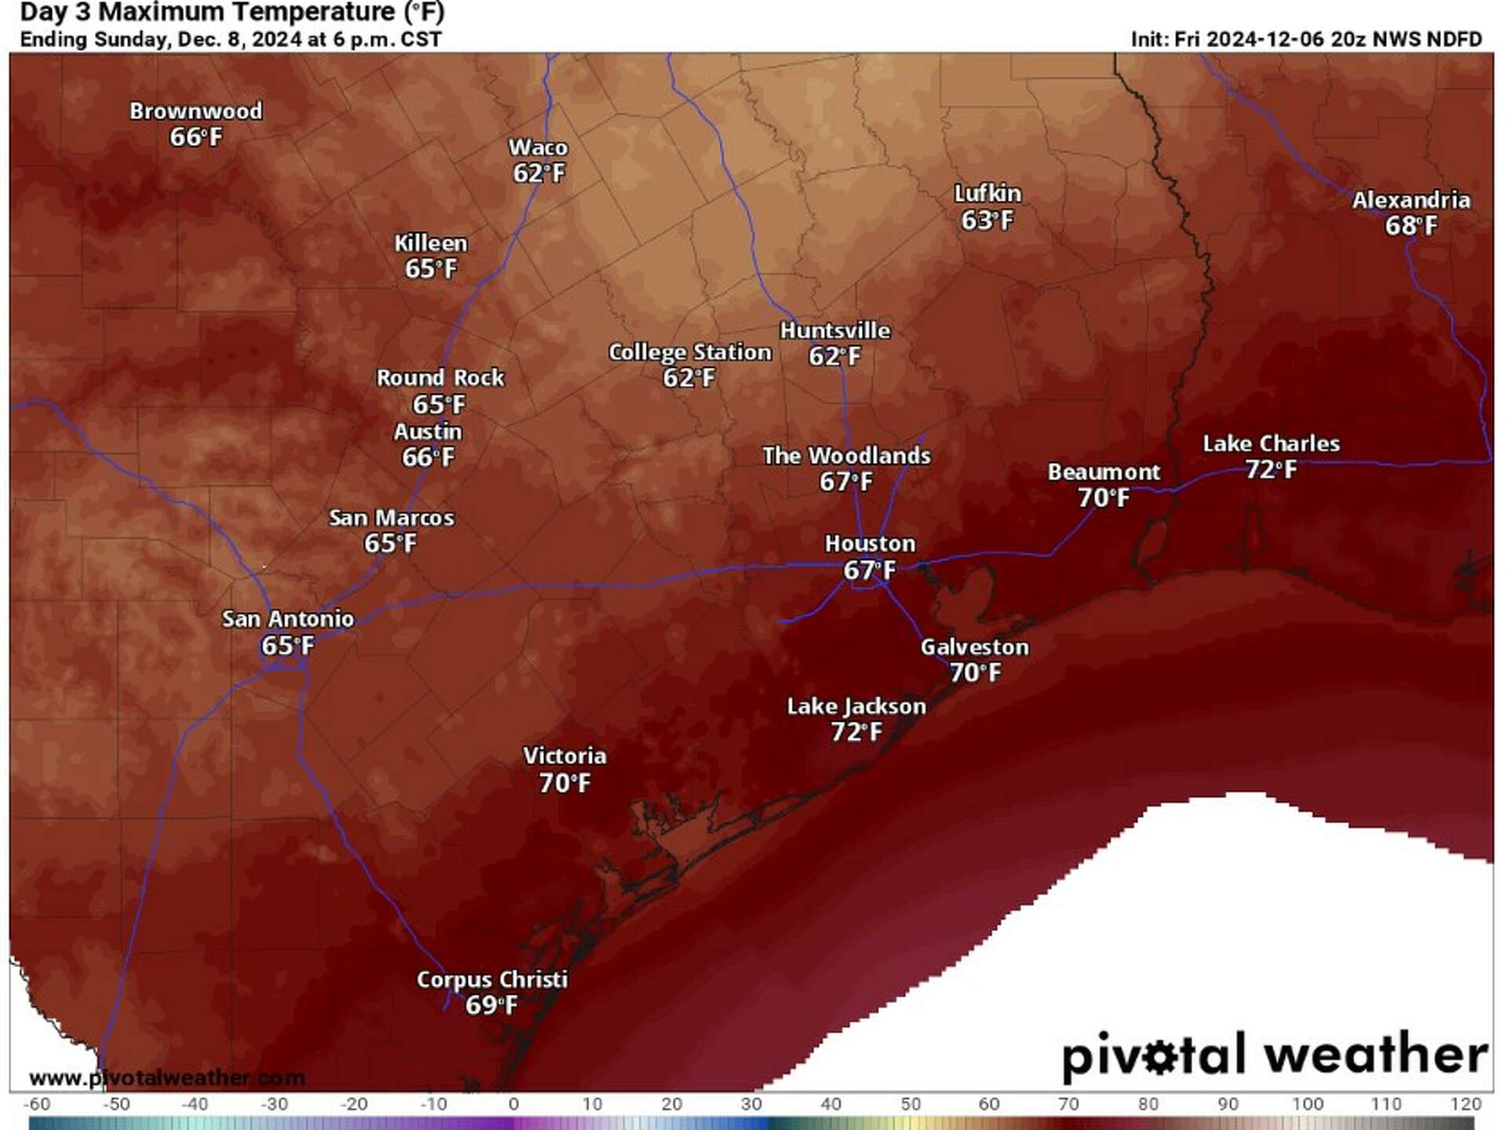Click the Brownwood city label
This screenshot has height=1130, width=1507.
(x=195, y=111)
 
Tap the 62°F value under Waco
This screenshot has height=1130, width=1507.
(x=538, y=173)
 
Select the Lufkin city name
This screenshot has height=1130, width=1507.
(x=987, y=193)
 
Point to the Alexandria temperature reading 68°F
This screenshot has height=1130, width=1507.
(x=1410, y=226)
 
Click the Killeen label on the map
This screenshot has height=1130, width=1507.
(x=430, y=243)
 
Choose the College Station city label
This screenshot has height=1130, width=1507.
(x=690, y=352)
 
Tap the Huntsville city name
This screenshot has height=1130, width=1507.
(x=835, y=330)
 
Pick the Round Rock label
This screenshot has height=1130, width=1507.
(x=440, y=378)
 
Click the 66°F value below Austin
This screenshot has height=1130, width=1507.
(x=428, y=457)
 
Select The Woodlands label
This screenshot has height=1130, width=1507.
(x=846, y=456)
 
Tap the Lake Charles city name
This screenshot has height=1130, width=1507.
(x=1271, y=444)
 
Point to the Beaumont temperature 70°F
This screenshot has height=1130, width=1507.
(x=1103, y=498)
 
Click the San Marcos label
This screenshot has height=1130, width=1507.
(x=391, y=518)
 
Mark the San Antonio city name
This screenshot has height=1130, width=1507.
(x=287, y=619)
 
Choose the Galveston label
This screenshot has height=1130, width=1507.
(x=974, y=647)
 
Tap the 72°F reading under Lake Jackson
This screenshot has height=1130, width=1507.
(x=856, y=732)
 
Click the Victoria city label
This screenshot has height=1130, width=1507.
(x=564, y=756)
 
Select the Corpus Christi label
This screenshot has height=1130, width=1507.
(x=491, y=980)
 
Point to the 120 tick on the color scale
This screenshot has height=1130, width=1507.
(x=1465, y=1104)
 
